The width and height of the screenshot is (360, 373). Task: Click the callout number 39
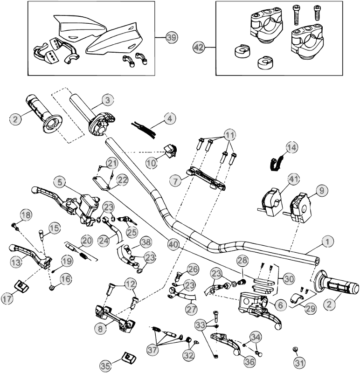pos(172,39)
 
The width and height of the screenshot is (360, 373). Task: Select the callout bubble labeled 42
pos(199,47)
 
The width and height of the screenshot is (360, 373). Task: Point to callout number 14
pos(291,148)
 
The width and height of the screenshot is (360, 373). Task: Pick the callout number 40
pos(174,243)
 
